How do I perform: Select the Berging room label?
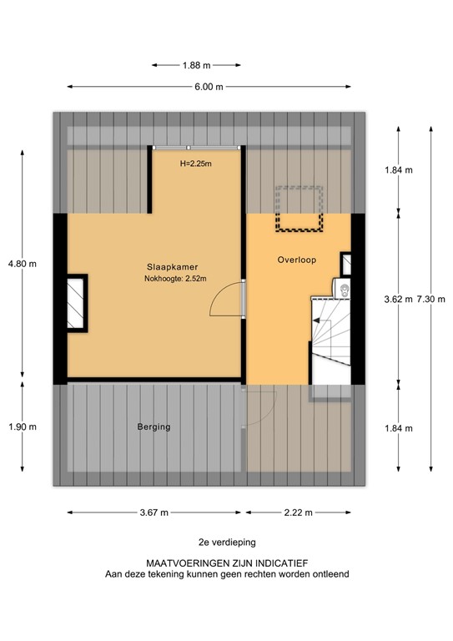[154, 426]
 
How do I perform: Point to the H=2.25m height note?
[195, 164]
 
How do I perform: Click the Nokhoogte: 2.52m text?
[174, 279]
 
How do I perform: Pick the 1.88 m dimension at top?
[196, 63]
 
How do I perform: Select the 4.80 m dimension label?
[22, 264]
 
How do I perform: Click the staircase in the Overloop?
[332, 338]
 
